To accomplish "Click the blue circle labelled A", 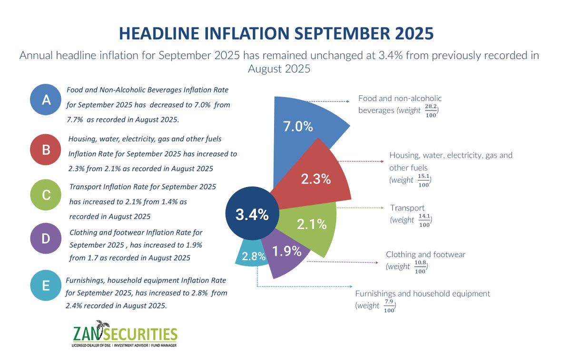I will pyautogui.click(x=46, y=99).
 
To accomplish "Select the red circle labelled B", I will pyautogui.click(x=46, y=150).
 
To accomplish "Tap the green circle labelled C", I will pyautogui.click(x=46, y=194).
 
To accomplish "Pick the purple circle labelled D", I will pyautogui.click(x=46, y=238).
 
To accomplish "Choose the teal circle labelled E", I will pyautogui.click(x=46, y=286).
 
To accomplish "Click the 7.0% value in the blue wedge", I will pyautogui.click(x=298, y=127).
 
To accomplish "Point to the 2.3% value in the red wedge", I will pyautogui.click(x=315, y=179).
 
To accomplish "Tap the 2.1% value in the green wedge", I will pyautogui.click(x=312, y=224).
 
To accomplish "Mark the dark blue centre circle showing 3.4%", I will pyautogui.click(x=252, y=215).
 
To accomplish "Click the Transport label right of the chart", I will pyautogui.click(x=407, y=208).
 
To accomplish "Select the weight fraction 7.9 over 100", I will pyautogui.click(x=390, y=306).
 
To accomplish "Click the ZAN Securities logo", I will pyautogui.click(x=125, y=333).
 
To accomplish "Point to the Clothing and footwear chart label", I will pyautogui.click(x=425, y=254).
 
